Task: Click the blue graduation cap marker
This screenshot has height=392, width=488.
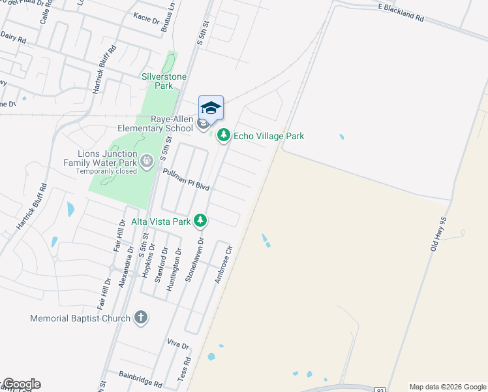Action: pos(211,108)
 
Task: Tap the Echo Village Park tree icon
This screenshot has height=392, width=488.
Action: pos(224,136)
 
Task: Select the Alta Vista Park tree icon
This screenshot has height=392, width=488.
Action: pos(201,221)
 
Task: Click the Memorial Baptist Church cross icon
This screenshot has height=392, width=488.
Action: pos(140,318)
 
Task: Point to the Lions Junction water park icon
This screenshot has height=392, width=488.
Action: pos(147,159)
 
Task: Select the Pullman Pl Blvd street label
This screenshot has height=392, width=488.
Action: pos(186,178)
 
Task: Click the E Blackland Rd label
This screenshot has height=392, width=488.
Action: pos(401,12)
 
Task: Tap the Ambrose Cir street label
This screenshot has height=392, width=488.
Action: pos(224,264)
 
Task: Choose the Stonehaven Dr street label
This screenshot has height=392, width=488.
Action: pos(191,259)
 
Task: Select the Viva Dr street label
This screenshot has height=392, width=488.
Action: pos(177,344)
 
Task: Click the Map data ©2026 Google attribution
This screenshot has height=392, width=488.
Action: pos(448,387)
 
